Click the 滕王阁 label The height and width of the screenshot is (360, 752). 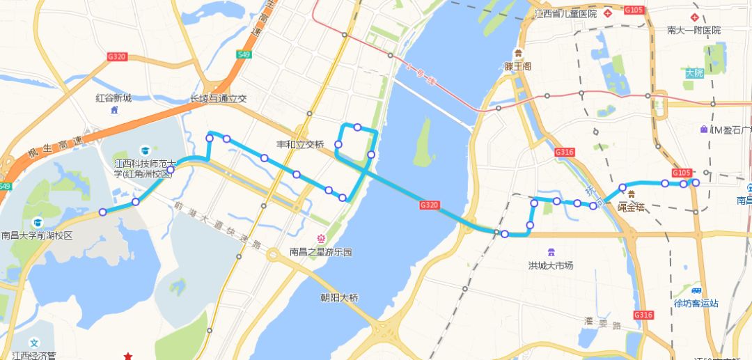[517, 66]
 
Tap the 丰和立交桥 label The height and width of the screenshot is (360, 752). [301, 145]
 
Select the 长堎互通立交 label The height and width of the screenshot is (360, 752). [219, 99]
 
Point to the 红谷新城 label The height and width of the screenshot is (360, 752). [113, 98]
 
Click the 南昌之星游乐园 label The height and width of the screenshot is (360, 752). [321, 252]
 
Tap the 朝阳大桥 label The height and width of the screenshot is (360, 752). [339, 298]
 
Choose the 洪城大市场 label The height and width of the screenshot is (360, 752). [551, 265]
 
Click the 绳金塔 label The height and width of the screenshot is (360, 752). [631, 207]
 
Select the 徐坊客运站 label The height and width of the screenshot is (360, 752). [696, 303]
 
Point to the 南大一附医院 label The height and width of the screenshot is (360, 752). [694, 31]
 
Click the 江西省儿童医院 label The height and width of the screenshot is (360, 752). [565, 14]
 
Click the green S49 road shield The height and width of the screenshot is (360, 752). [243, 54]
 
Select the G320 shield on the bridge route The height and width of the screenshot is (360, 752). [429, 205]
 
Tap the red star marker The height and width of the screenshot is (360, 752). [128, 356]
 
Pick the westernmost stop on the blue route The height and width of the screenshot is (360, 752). [103, 212]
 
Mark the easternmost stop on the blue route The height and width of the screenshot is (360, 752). [695, 182]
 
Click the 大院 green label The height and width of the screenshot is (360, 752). [694, 72]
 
